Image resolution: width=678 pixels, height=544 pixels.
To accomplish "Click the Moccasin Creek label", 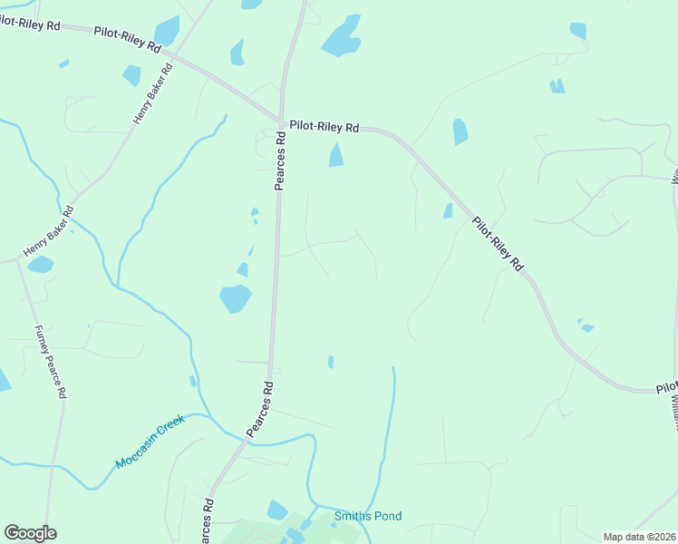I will (150, 442).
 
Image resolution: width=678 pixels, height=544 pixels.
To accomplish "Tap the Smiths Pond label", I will (368, 517).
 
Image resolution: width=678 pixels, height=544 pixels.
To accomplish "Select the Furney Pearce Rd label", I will (50, 363).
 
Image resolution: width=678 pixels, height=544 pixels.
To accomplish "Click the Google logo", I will (30, 533).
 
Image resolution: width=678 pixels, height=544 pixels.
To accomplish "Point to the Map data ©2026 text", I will (640, 537).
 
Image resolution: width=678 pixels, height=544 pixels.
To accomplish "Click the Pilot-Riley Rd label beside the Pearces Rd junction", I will (324, 127).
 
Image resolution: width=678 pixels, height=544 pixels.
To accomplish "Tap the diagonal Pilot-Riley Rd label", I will (499, 244).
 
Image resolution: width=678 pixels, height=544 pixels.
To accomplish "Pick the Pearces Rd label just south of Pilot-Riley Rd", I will (281, 161).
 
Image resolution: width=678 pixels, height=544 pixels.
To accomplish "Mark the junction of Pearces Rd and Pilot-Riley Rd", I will (283, 119).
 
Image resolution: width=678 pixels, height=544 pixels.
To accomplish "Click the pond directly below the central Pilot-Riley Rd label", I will (336, 156).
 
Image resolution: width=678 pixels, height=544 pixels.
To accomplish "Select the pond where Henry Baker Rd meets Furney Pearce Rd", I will (40, 265).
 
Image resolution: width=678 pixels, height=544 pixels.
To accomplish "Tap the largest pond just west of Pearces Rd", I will (235, 297).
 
